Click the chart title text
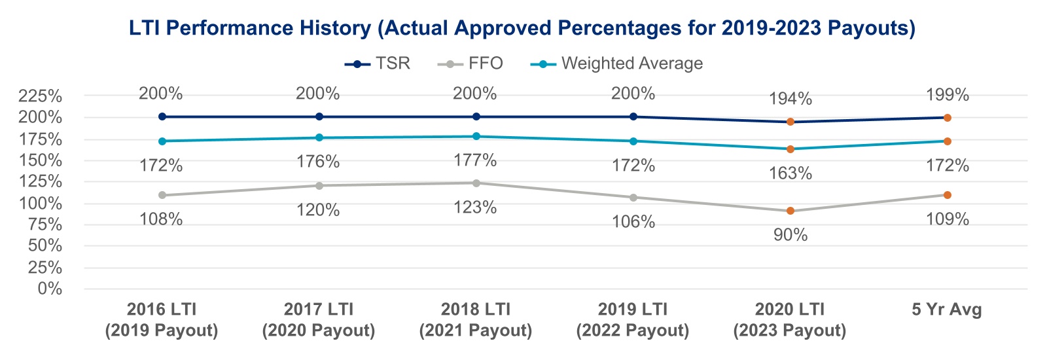click(x=522, y=28)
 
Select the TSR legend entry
click(x=378, y=63)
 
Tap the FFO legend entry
click(x=470, y=63)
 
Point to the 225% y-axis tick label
click(x=41, y=96)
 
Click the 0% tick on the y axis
click(x=50, y=289)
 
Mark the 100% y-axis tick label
click(x=41, y=203)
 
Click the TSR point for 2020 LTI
click(x=790, y=122)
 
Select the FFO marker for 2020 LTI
click(x=790, y=211)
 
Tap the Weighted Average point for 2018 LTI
click(x=476, y=136)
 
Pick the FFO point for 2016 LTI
click(x=162, y=195)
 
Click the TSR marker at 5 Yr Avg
click(x=947, y=118)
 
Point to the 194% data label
click(x=790, y=99)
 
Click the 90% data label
click(x=790, y=235)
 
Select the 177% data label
click(x=475, y=160)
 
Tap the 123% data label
click(x=475, y=207)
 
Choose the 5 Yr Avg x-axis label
click(x=947, y=310)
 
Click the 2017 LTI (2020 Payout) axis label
click(x=319, y=320)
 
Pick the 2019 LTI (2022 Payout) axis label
click(x=633, y=320)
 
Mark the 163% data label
click(x=790, y=173)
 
